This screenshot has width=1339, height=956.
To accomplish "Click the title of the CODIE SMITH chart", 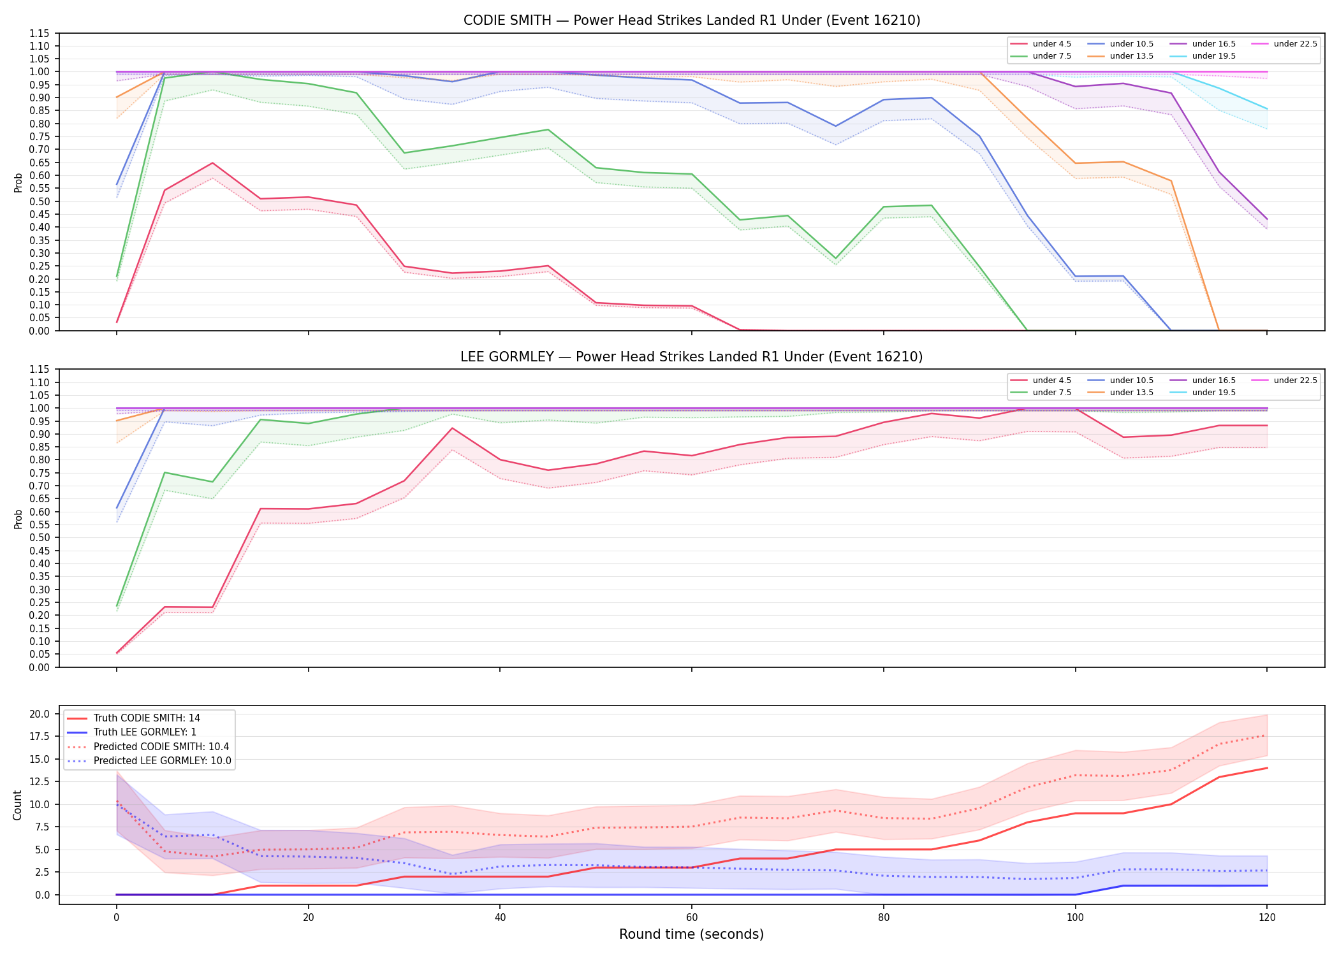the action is pos(692,20).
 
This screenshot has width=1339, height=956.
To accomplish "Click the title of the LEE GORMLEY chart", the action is pos(692,357).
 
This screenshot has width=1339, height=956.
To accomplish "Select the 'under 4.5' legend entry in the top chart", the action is pos(1041,44).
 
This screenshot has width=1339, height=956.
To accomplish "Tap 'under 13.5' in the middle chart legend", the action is pos(1120,393).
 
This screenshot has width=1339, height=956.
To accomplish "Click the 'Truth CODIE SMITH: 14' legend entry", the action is pos(133,718).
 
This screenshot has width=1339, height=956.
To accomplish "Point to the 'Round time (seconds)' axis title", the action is pos(691,934).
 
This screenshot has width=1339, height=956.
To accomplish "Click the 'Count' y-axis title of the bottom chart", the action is pos(17,805).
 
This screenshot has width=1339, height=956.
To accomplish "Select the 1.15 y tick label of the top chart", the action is pos(39,33).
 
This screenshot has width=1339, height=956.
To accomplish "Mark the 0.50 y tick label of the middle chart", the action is pos(39,537).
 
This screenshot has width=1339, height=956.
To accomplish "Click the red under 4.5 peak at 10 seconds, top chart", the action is pos(213,163).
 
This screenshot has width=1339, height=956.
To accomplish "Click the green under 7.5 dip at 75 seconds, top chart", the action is pos(836,258).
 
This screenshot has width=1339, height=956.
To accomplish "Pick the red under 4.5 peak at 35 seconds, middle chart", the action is pos(453,428).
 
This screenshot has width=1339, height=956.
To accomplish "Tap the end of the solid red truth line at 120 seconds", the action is pos(1267,768).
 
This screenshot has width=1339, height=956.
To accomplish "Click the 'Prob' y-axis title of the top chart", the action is pos(18,182).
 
